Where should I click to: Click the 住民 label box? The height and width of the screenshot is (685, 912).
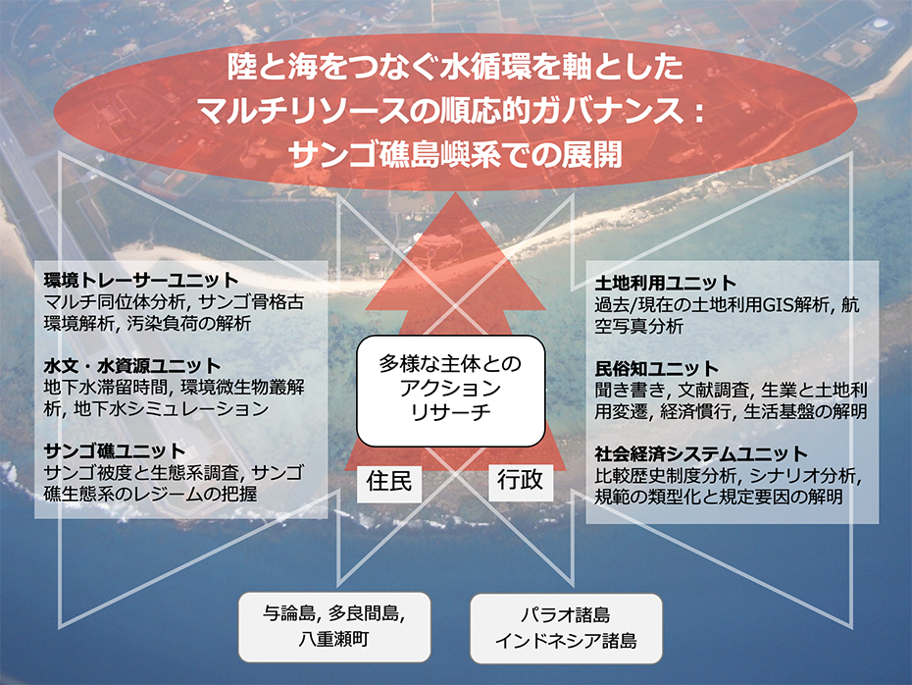pos(389,483)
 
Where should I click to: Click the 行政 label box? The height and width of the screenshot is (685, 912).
pos(520,481)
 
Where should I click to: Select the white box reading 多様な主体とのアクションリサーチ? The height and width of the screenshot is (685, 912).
pos(451,391)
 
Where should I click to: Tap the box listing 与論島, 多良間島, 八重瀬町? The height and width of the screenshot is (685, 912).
pos(334,627)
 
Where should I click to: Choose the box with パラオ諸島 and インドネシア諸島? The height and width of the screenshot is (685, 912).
pos(566,628)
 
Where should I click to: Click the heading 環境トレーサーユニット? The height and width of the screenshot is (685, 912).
pos(141,280)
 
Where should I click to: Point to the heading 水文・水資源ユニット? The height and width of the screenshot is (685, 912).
pos(132,365)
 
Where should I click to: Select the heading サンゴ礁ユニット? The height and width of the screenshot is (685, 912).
pos(115,451)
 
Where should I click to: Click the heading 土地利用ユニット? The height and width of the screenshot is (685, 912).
pos(666,283)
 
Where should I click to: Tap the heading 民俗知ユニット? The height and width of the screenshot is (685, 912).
pos(657,368)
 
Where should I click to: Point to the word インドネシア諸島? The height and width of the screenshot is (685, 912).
pos(566,641)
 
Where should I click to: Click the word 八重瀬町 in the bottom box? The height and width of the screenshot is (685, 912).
pos(334,639)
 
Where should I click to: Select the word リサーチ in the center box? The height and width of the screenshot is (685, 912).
pos(451,412)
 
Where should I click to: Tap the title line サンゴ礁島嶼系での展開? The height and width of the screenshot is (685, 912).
pos(455,154)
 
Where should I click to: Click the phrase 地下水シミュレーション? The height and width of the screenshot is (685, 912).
pos(172,408)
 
